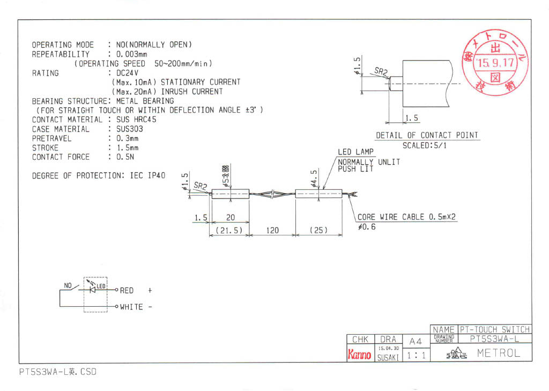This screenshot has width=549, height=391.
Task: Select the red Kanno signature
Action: pos(360,355)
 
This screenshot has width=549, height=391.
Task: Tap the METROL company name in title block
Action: pos(498,353)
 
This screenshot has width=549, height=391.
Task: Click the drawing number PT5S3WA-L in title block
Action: pos(494,339)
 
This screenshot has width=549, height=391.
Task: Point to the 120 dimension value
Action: pos(272,230)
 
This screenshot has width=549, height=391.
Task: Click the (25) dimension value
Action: pos(319,230)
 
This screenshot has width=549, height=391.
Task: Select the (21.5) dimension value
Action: pos(229,230)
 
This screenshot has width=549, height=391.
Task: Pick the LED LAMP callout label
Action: pos(355,152)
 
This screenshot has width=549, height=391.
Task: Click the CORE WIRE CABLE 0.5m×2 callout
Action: pos(407,217)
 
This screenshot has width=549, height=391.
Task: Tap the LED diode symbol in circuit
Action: pos(93,290)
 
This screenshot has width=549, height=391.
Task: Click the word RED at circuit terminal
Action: pos(127,290)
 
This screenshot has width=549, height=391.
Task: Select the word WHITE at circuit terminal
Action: pos(131,307)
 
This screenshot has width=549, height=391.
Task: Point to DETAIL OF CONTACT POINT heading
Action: pos(427,135)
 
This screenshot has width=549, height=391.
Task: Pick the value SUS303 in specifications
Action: pos(130,129)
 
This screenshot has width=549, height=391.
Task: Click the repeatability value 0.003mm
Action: pos(128,54)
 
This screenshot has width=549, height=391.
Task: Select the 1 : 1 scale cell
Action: pos(416,355)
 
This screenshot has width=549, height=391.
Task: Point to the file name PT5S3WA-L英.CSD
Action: pos(56,372)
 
